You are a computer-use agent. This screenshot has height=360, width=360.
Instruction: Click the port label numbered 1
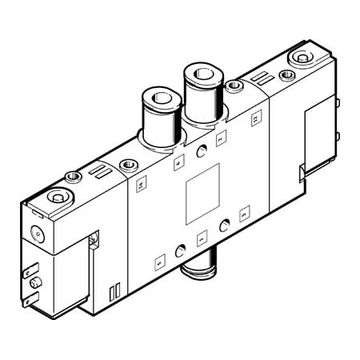pos(201,236)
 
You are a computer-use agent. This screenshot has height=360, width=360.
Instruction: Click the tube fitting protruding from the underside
pos(196,269)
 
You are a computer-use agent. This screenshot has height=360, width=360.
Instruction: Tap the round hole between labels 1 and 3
pos(223,223)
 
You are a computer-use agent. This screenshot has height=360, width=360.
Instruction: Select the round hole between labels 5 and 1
pos(181,247)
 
